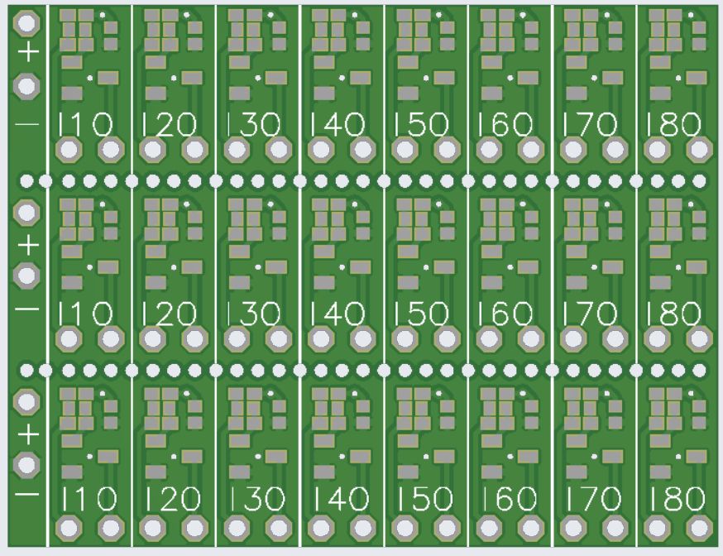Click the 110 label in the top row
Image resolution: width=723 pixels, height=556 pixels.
pos(86,125)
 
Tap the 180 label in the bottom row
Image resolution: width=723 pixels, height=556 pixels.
pos(677,499)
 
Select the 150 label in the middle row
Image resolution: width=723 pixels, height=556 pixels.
pos(422,314)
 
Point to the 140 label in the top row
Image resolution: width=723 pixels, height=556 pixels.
pos(338,125)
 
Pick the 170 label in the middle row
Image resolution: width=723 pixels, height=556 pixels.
pos(590,314)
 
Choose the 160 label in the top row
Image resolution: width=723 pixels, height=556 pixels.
pos(505,125)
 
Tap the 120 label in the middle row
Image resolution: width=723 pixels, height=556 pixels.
pos(170,314)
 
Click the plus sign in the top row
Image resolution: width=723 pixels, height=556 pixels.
pos(28,54)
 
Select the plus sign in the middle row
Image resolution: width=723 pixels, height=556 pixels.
pos(28,244)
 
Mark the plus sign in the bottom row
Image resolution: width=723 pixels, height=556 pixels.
pos(28,433)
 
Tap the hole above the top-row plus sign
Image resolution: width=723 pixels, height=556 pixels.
pos(28,22)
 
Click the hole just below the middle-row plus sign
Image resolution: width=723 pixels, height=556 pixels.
pos(28,275)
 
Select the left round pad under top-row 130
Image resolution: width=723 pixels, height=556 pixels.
pos(237,151)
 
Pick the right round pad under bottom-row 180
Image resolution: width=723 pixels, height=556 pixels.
pos(700,527)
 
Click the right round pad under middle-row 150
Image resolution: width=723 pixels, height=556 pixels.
pos(447,338)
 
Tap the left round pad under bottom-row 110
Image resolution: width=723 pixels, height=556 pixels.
pos(69,527)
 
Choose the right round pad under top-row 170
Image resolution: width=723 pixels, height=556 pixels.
pos(615,151)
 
